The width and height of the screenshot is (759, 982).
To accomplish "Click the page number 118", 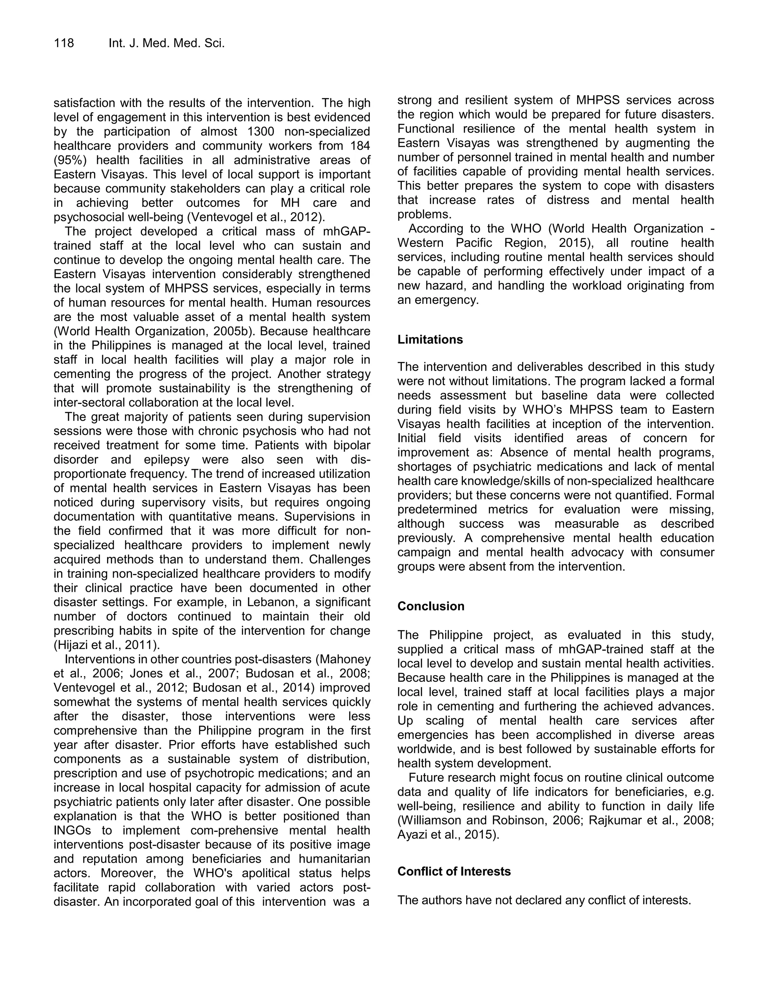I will pos(64,43).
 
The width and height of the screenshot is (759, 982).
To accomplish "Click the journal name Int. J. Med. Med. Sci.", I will pos(166,43).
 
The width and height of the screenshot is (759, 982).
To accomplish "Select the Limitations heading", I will pos(430,339).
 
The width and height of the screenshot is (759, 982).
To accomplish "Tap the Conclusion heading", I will pos(431,606).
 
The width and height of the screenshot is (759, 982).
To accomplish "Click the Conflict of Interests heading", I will pos(454,872).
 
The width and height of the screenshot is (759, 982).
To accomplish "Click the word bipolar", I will pos(352,445).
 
